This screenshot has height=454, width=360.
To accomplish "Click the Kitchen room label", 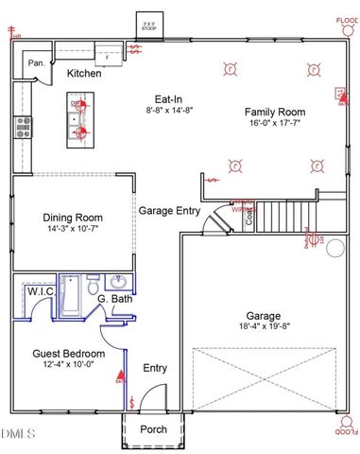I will pyautogui.click(x=83, y=73).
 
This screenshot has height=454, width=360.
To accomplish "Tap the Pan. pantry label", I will pyautogui.click(x=37, y=63).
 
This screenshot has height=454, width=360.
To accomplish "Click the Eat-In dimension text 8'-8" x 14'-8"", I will pyautogui.click(x=170, y=111).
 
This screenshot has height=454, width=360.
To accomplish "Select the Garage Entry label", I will pyautogui.click(x=169, y=210).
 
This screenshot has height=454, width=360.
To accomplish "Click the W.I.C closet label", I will pyautogui.click(x=40, y=292).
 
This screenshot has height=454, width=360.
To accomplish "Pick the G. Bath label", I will pyautogui.click(x=115, y=299).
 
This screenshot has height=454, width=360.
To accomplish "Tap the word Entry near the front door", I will pyautogui.click(x=154, y=368).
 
